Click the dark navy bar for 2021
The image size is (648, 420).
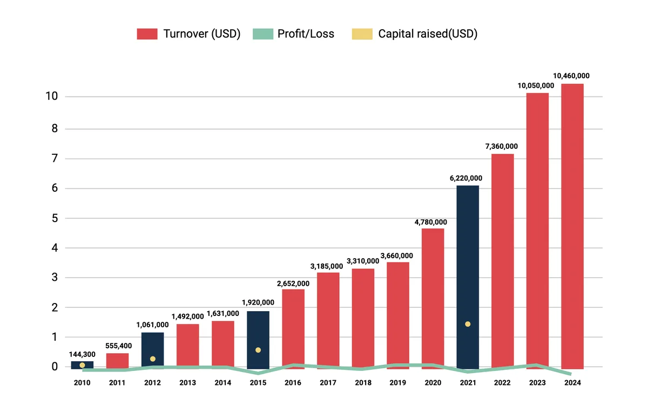468,270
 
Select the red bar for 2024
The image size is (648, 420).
572,226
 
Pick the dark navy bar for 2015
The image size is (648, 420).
258,334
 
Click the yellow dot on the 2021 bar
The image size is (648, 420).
468,324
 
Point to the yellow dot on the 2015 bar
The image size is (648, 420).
258,350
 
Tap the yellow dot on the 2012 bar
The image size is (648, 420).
153,359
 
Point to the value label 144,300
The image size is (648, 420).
82,354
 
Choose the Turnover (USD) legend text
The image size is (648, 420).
201,34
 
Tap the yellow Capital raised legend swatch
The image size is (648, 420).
362,34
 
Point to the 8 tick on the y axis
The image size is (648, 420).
53,129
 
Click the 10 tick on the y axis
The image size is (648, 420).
52,97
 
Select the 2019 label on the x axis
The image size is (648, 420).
397,382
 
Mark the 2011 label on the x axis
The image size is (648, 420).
117,382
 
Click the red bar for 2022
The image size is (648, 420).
503,259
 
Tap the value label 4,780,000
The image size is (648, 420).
430,222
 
